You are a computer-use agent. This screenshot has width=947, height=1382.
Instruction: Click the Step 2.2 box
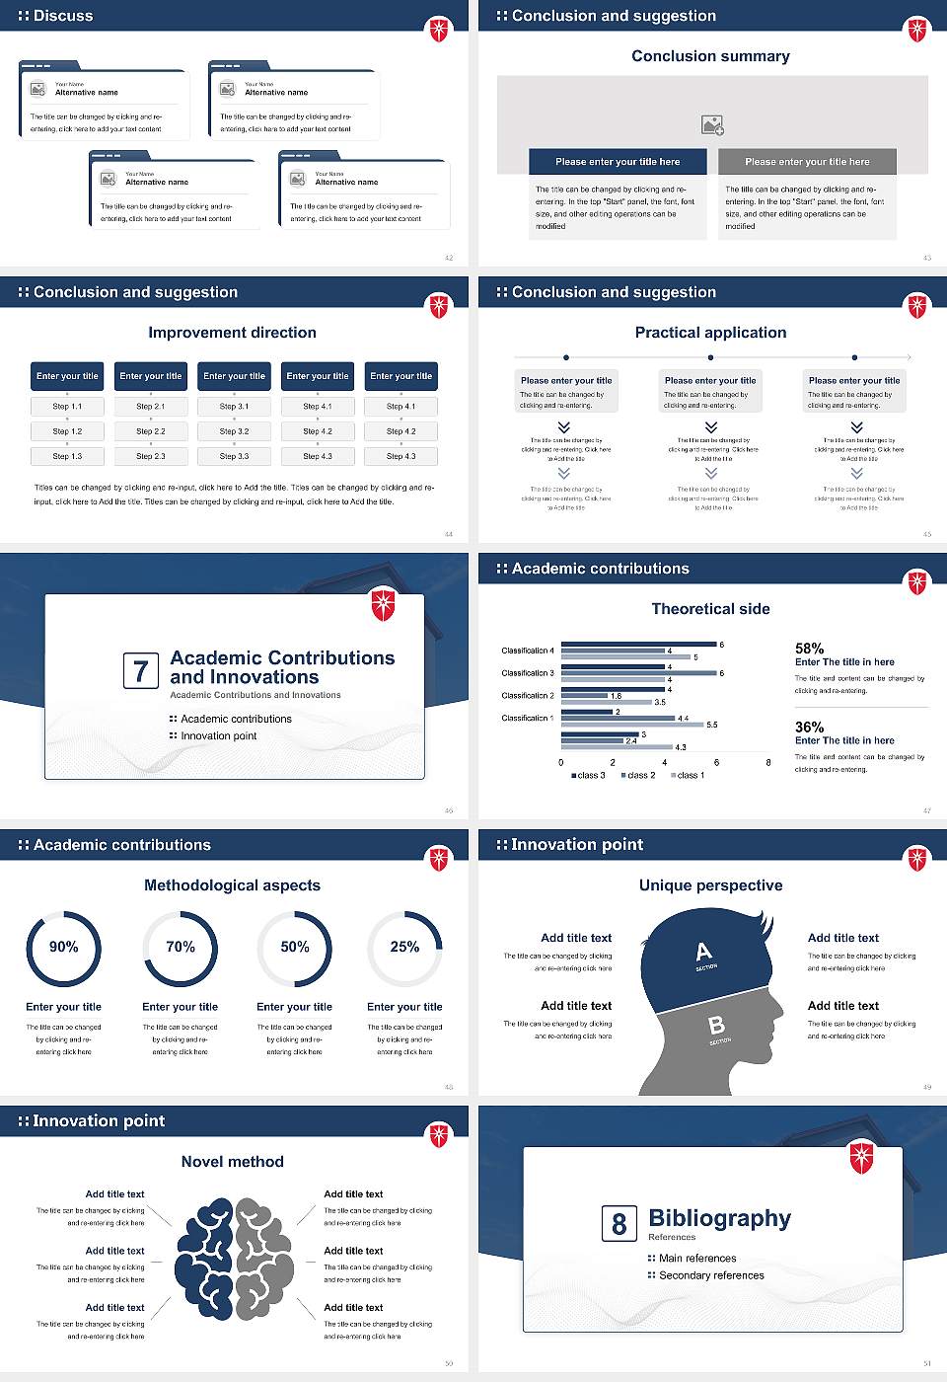pyautogui.click(x=151, y=431)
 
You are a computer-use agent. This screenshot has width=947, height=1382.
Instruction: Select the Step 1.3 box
pyautogui.click(x=67, y=456)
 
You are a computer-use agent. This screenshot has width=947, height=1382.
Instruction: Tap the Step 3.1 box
pyautogui.click(x=234, y=406)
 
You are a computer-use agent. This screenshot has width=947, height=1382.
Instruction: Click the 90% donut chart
pyautogui.click(x=64, y=948)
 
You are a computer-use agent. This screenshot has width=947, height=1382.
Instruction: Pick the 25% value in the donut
pyautogui.click(x=404, y=947)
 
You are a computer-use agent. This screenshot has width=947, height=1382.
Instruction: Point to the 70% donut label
pyautogui.click(x=181, y=947)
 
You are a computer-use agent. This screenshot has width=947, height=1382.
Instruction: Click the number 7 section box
pyautogui.click(x=140, y=671)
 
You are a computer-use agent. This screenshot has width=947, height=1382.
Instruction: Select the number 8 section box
pyautogui.click(x=619, y=1224)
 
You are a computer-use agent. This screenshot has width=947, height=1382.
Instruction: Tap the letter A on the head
pyautogui.click(x=703, y=952)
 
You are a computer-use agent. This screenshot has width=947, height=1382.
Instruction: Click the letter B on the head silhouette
pyautogui.click(x=717, y=1026)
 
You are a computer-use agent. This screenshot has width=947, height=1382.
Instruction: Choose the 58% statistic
pyautogui.click(x=809, y=649)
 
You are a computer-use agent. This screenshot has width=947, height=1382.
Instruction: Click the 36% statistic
pyautogui.click(x=809, y=728)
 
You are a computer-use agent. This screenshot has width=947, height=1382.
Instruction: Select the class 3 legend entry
pyautogui.click(x=589, y=775)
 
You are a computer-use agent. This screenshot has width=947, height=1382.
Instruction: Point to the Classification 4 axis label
pyautogui.click(x=528, y=651)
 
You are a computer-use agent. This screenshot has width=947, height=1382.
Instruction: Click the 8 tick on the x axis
pyautogui.click(x=768, y=762)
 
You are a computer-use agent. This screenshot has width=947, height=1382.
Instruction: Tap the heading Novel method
pyautogui.click(x=233, y=1162)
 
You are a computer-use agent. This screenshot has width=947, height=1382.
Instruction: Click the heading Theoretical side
pyautogui.click(x=710, y=609)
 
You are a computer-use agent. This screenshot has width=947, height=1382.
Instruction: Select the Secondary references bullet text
pyautogui.click(x=711, y=1275)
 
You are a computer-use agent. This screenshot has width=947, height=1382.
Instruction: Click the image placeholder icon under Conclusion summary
pyautogui.click(x=712, y=125)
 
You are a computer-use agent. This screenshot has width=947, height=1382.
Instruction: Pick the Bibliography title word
pyautogui.click(x=720, y=1219)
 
